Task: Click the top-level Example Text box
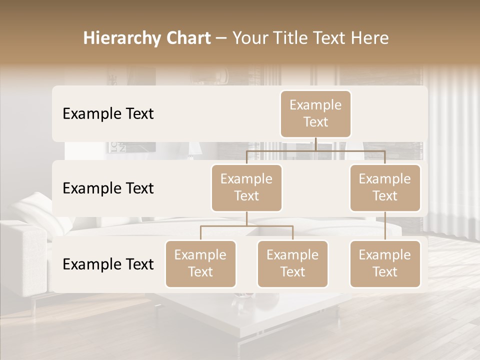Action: pyautogui.click(x=315, y=114)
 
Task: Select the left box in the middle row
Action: pyautogui.click(x=246, y=188)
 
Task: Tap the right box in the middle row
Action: pyautogui.click(x=385, y=188)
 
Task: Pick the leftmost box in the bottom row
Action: pyautogui.click(x=200, y=264)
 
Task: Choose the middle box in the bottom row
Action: pyautogui.click(x=292, y=264)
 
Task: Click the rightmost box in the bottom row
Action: pyautogui.click(x=385, y=264)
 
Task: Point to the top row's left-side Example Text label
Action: pyautogui.click(x=108, y=114)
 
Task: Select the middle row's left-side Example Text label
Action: pyautogui.click(x=108, y=188)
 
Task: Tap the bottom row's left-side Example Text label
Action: pyautogui.click(x=108, y=264)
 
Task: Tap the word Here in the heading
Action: pyautogui.click(x=370, y=38)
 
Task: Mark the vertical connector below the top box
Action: pyautogui.click(x=315, y=144)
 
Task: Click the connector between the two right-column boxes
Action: pyautogui.click(x=385, y=226)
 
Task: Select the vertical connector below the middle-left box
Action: pyautogui.click(x=246, y=218)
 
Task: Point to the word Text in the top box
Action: pyautogui.click(x=315, y=122)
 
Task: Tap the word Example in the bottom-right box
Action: pyautogui.click(x=385, y=255)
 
